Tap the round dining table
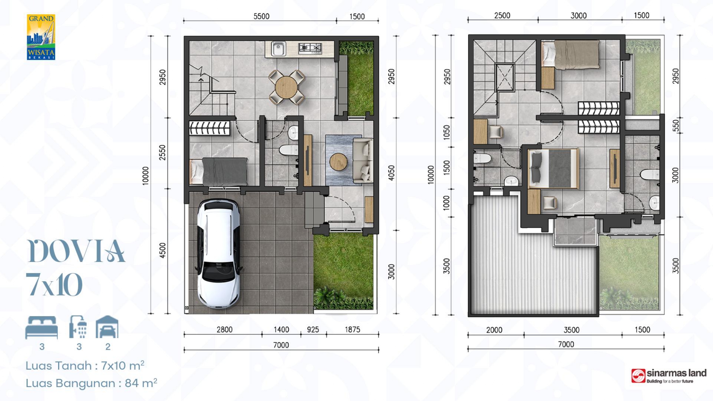(286, 87)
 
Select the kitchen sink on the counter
(278, 48)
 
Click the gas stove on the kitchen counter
(310, 48)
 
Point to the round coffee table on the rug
(338, 162)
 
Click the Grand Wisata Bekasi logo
(41, 37)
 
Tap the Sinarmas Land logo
(669, 376)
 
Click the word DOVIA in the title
(76, 251)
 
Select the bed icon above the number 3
(41, 327)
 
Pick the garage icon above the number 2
(107, 327)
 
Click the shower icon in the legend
(78, 327)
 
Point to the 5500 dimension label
(261, 16)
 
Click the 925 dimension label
(313, 330)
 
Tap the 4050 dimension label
(391, 173)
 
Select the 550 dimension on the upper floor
(676, 125)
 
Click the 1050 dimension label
(446, 133)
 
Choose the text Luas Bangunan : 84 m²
(91, 383)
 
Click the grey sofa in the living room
(363, 160)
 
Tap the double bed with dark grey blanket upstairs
(553, 168)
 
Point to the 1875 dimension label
(352, 330)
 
